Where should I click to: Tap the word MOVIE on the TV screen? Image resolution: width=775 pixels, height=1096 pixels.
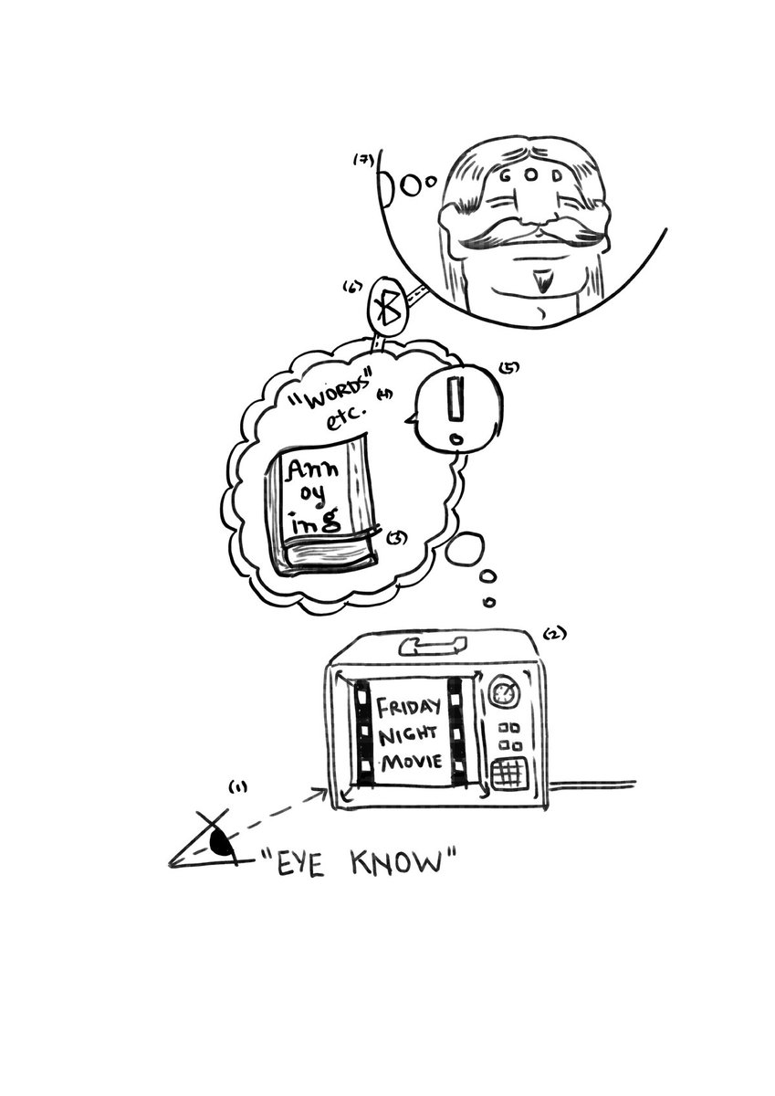411,761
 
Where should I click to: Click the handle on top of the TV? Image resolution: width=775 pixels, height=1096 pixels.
431,648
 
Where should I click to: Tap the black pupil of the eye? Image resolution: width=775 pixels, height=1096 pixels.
220,842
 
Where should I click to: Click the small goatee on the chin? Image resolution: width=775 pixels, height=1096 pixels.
547,279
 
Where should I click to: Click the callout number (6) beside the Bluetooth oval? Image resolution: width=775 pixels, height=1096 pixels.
350,288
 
